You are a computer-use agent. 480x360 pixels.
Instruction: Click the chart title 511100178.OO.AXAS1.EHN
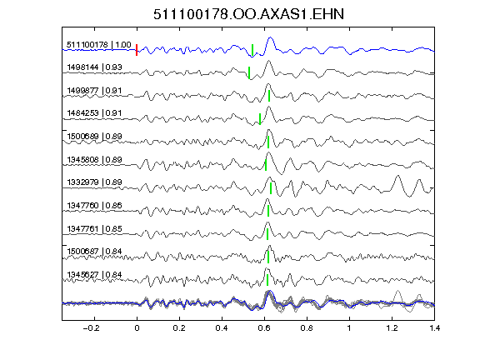[248, 14]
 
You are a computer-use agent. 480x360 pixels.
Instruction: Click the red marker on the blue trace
[137, 50]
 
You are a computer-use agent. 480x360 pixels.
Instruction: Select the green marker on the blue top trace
[252, 50]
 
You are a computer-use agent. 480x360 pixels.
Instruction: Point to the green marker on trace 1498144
[249, 72]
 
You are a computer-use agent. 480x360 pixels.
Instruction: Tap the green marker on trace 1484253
[260, 119]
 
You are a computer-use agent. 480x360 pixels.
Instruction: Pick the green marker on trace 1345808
[266, 165]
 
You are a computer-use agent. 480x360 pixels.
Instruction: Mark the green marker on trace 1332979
[271, 188]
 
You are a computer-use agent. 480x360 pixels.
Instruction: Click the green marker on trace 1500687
[268, 257]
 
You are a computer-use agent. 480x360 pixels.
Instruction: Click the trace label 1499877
[82, 91]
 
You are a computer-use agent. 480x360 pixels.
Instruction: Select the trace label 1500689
[82, 136]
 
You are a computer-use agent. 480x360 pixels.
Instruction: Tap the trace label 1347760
[82, 205]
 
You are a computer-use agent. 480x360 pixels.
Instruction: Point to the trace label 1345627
[82, 275]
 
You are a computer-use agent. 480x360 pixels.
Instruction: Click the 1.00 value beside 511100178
[123, 45]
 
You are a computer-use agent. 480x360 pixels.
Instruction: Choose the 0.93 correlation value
[114, 67]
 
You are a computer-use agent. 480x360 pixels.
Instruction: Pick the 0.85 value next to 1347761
[114, 228]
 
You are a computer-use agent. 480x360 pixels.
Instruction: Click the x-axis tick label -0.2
[91, 328]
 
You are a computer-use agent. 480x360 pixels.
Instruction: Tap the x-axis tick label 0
[137, 328]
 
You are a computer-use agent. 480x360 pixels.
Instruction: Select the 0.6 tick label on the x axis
[264, 328]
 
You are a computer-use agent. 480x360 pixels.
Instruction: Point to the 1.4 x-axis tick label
[434, 328]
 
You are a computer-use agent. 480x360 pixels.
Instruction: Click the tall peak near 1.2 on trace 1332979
[397, 176]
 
